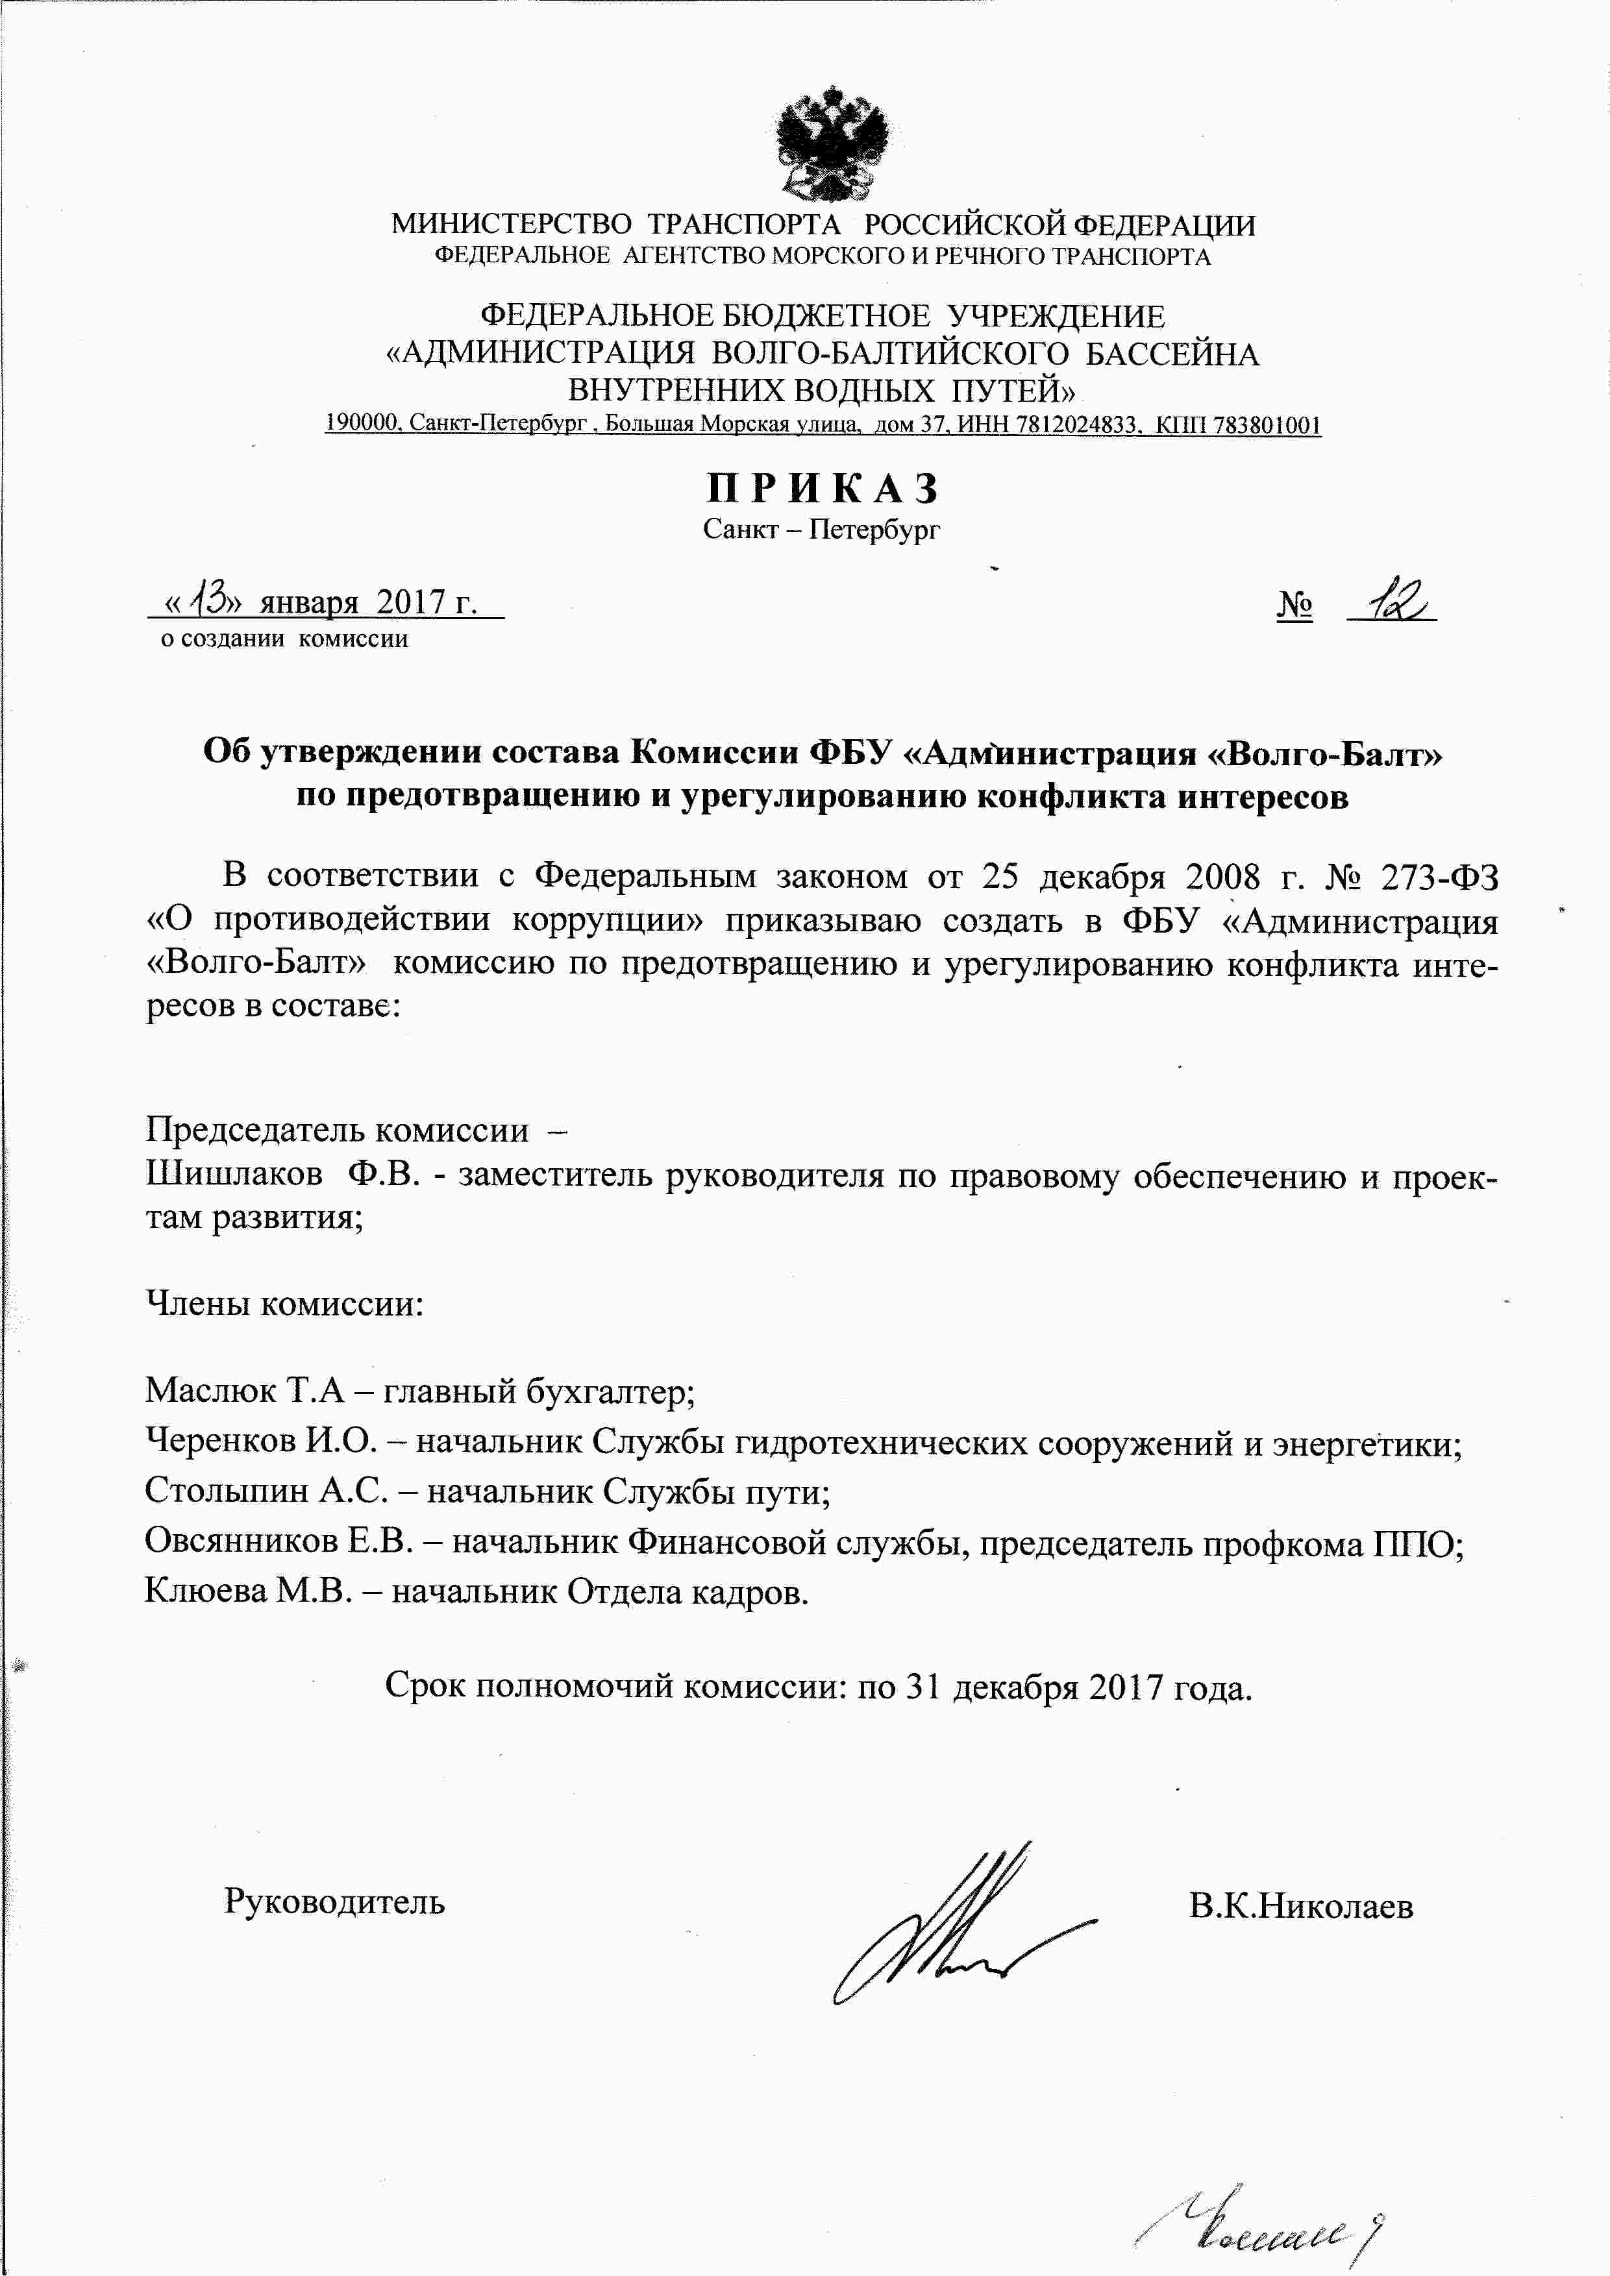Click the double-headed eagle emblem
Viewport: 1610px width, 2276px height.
[x=831, y=143]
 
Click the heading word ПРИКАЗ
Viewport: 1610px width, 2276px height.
[x=822, y=489]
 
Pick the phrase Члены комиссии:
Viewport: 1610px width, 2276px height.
[x=284, y=1303]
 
